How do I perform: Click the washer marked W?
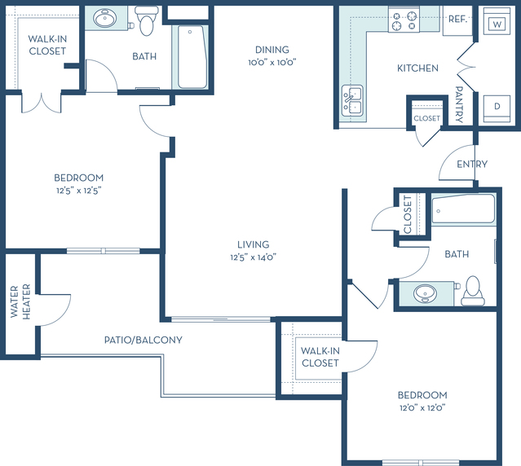[x=497, y=21]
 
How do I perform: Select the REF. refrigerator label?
[x=457, y=20]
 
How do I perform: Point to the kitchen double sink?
[x=352, y=101]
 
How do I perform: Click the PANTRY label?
[x=459, y=104]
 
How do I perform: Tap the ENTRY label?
[x=472, y=164]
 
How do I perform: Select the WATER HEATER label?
[x=20, y=301]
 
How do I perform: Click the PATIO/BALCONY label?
[x=143, y=340]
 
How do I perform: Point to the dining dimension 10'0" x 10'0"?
[x=272, y=63]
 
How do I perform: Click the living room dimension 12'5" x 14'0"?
[x=254, y=257]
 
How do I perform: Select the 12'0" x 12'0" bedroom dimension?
[x=422, y=407]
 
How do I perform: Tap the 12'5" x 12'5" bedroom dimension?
[x=79, y=191]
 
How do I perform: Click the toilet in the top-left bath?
[x=146, y=20]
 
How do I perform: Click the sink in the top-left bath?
[x=104, y=18]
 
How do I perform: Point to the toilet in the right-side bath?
[x=473, y=292]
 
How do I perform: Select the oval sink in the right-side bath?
[x=425, y=293]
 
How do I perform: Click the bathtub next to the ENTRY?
[x=463, y=209]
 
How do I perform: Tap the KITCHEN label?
[x=417, y=68]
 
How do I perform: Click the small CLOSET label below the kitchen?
[x=426, y=118]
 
